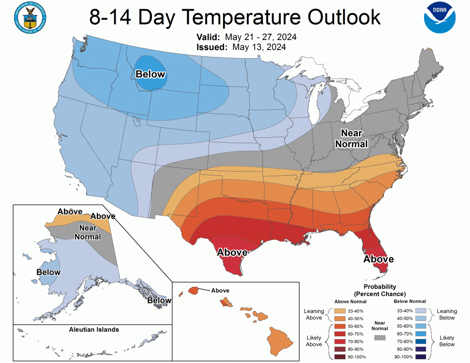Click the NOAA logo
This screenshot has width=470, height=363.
click(x=440, y=18)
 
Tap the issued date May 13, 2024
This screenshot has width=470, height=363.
click(x=259, y=47)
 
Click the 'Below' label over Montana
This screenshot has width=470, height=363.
click(x=150, y=74)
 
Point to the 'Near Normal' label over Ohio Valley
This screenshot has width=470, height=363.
click(x=352, y=139)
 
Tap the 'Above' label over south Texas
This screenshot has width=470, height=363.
click(x=232, y=252)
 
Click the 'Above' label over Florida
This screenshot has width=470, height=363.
click(x=379, y=259)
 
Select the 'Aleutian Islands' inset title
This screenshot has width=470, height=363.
click(x=94, y=329)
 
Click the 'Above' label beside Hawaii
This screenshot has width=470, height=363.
click(x=220, y=290)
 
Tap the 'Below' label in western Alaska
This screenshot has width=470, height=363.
click(x=48, y=272)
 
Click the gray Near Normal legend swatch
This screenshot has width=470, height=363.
click(x=380, y=337)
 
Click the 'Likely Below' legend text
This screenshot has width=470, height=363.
click(x=447, y=341)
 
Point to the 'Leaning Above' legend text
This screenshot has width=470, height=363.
click(x=314, y=314)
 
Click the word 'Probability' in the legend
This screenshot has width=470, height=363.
click(x=380, y=286)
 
